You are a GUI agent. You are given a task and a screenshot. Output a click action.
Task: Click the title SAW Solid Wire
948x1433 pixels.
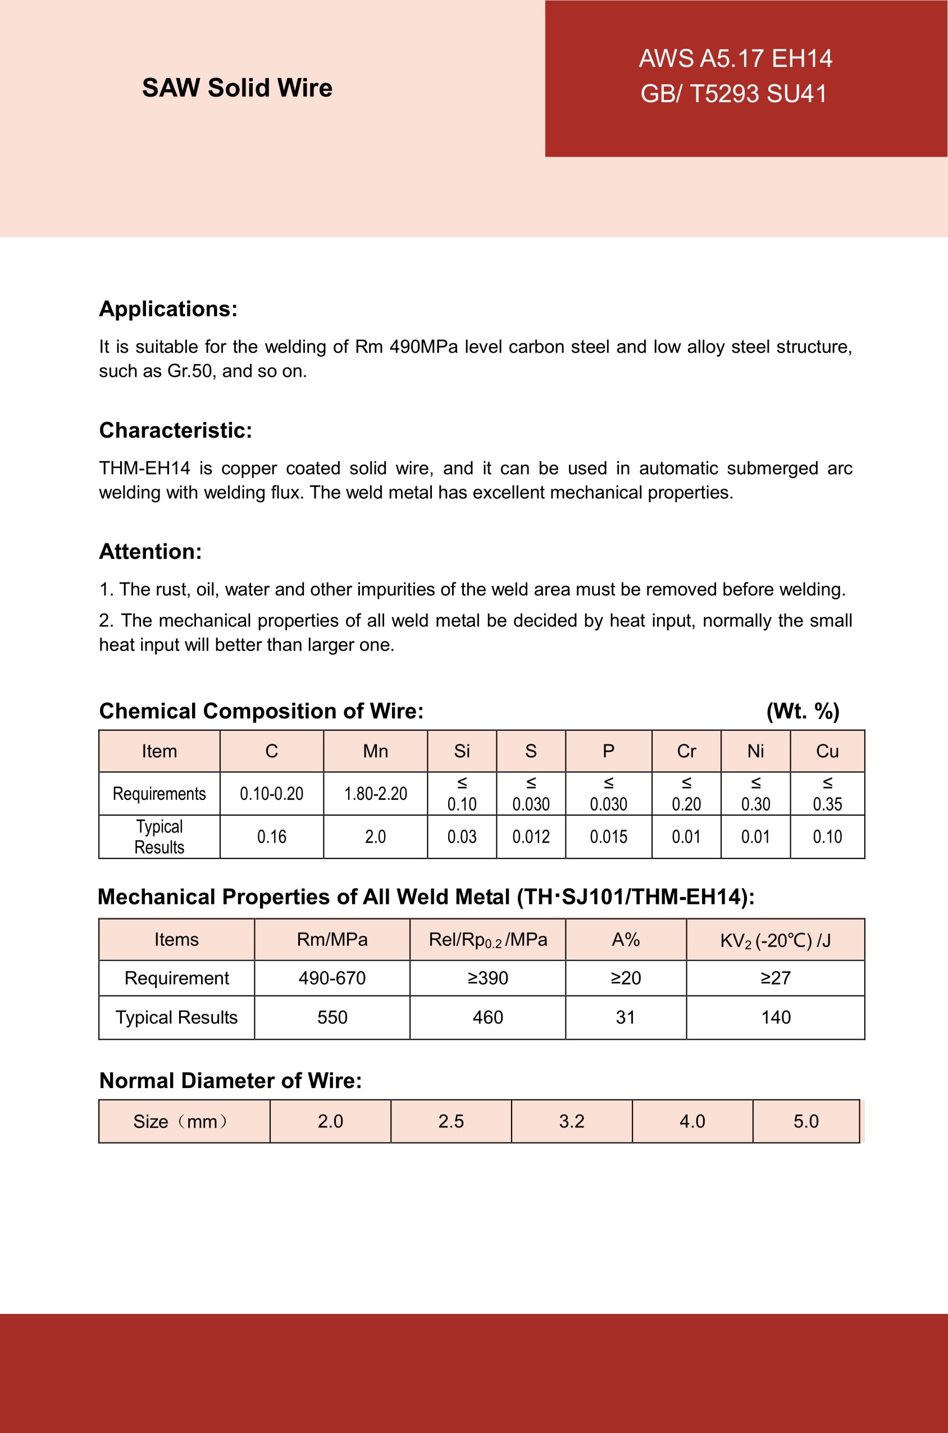click(x=237, y=88)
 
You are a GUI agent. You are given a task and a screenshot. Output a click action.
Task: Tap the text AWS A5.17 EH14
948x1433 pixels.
click(x=735, y=58)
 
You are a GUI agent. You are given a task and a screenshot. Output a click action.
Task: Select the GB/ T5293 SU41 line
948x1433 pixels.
click(x=733, y=94)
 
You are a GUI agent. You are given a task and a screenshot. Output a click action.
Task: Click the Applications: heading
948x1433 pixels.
click(x=168, y=309)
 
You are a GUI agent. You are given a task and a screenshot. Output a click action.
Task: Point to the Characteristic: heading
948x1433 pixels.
click(x=175, y=430)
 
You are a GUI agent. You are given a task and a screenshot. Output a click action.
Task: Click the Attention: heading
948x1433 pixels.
click(x=150, y=552)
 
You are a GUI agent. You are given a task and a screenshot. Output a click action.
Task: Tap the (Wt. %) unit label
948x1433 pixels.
click(x=803, y=711)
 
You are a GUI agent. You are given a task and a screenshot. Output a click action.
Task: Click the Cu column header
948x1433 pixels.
click(x=827, y=751)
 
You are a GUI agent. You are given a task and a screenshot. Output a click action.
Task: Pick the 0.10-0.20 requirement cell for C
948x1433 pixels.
click(x=271, y=793)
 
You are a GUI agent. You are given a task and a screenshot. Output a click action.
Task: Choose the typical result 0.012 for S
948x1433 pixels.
click(x=531, y=837)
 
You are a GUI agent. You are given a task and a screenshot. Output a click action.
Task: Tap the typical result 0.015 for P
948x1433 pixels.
click(x=608, y=837)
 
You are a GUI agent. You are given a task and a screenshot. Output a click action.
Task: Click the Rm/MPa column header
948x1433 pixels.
click(x=332, y=939)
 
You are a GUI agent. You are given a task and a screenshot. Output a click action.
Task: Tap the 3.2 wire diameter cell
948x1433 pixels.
click(x=571, y=1121)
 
